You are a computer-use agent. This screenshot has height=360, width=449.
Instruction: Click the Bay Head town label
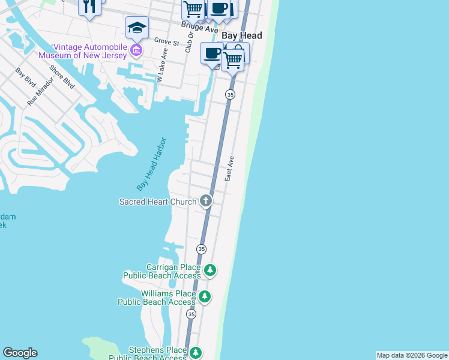tap(242, 36)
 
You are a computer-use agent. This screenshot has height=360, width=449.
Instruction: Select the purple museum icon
tap(137, 50)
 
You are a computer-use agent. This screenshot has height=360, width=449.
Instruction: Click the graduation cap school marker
tap(137, 28)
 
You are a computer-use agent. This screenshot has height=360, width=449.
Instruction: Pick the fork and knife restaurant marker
tap(90, 6)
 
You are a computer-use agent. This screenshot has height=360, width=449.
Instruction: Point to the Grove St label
tap(167, 43)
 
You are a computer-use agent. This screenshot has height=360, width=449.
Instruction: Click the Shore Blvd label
tap(62, 77)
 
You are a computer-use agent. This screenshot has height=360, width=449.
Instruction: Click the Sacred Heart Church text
tap(157, 202)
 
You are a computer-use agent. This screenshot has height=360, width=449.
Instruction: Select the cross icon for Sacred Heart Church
tap(206, 200)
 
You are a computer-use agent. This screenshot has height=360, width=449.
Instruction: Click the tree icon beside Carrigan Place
tap(210, 271)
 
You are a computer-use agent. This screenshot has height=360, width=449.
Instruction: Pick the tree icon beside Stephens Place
tap(195, 353)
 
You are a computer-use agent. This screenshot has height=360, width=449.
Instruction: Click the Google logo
tap(20, 353)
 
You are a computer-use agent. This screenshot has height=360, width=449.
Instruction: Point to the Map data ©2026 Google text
tap(412, 355)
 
